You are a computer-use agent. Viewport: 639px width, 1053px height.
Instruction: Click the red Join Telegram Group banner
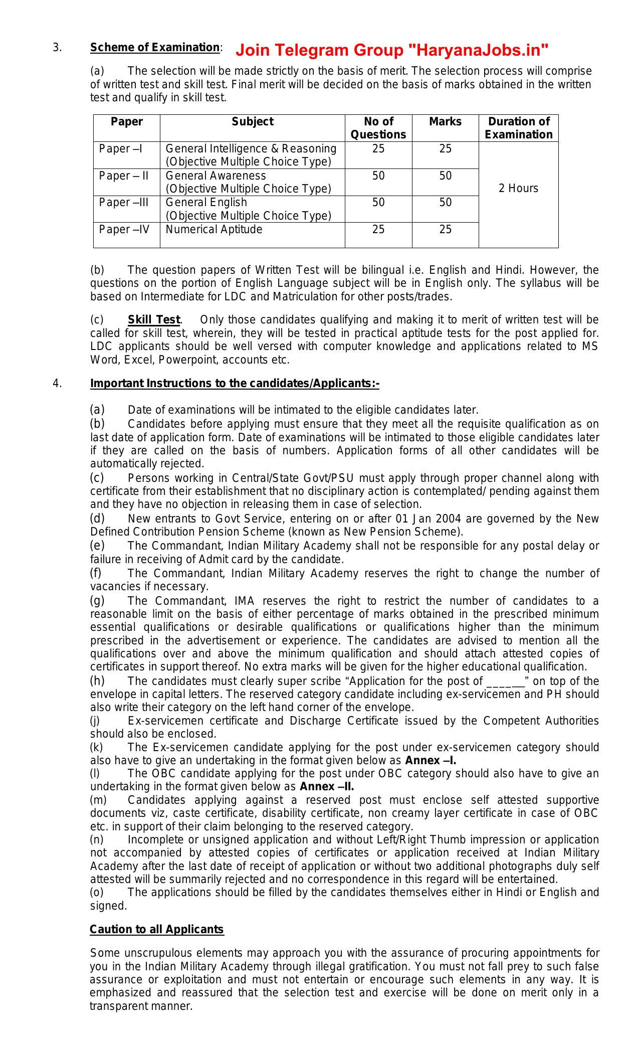391,51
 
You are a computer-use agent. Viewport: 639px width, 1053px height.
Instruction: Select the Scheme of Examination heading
154,48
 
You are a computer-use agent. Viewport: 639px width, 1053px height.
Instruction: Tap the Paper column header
127,122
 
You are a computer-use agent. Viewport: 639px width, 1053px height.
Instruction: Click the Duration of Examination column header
519,128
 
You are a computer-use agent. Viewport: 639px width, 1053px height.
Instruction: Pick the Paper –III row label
124,203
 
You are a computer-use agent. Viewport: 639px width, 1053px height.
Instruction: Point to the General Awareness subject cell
216,176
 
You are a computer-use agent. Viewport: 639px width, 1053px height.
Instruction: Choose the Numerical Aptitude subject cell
214,230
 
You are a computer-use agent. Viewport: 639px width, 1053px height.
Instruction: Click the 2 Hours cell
519,189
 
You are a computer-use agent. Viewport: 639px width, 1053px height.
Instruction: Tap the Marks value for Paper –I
445,149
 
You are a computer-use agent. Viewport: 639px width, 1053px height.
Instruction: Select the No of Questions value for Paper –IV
378,230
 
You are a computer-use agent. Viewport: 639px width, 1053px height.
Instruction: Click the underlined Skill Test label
153,320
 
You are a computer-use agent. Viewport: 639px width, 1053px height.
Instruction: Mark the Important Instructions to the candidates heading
235,384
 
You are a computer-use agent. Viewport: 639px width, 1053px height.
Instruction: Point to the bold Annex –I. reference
431,761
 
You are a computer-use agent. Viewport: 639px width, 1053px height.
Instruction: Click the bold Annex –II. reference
327,786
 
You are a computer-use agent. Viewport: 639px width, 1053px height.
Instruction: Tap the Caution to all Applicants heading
156,929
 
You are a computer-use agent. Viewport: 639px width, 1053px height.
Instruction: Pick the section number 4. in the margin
57,384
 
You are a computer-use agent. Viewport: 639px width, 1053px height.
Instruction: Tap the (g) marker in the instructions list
97,601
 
